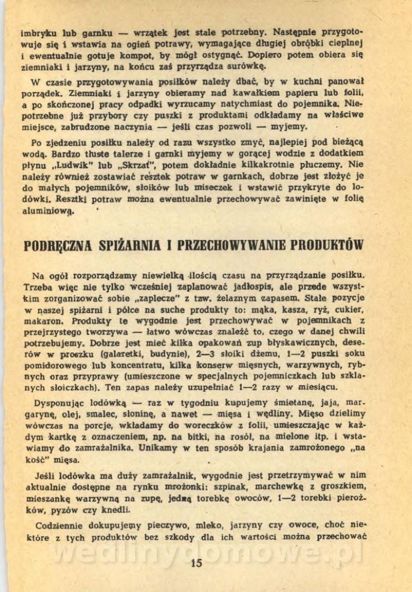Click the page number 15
coord(196,563)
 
